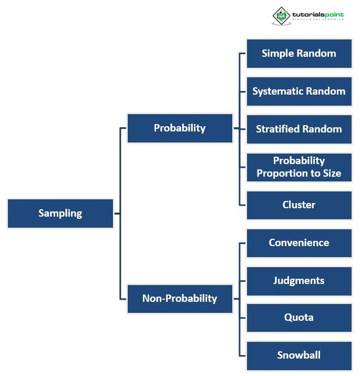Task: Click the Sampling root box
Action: pos(60,213)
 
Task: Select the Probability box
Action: pos(180,128)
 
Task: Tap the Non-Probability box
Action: pos(180,298)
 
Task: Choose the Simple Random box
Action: pos(299,53)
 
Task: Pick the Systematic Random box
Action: pos(299,91)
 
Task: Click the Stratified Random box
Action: pos(299,129)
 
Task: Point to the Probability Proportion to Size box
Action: pos(299,167)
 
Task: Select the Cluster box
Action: pos(299,205)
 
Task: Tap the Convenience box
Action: pos(299,242)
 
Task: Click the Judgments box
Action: pos(299,280)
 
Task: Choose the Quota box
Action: pos(299,317)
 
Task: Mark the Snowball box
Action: pos(299,355)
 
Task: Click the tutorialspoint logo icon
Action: pos(282,16)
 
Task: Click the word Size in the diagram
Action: pos(331,173)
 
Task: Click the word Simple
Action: pos(277,53)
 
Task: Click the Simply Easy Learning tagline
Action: pos(318,19)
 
